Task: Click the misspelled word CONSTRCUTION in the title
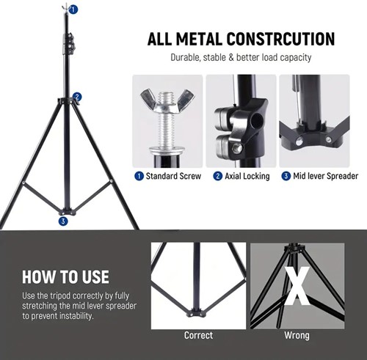(x=280, y=39)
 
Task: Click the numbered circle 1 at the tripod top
(x=73, y=10)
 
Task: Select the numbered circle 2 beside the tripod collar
(x=77, y=97)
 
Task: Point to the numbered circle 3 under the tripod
(x=63, y=221)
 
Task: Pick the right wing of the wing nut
(x=186, y=98)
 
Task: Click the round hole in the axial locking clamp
(x=257, y=120)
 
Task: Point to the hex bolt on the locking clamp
(x=236, y=148)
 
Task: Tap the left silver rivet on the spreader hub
(x=299, y=141)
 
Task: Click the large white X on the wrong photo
(x=297, y=286)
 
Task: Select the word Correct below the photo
(x=198, y=335)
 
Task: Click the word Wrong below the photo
(x=297, y=335)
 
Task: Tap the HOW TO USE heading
(x=65, y=277)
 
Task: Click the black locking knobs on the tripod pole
(x=70, y=43)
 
